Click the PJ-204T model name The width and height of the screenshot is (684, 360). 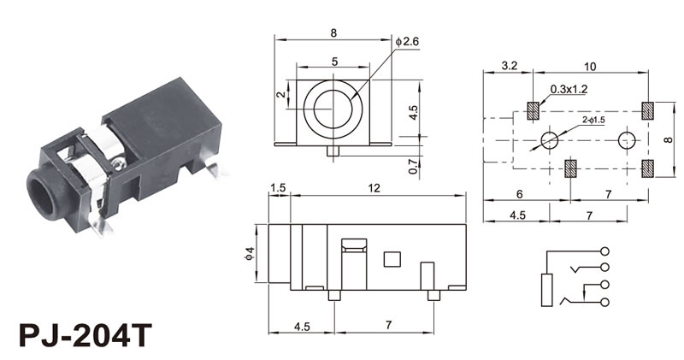85,334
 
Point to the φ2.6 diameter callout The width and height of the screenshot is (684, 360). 407,41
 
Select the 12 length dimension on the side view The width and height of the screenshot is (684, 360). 374,187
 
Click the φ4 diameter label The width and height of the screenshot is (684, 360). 250,253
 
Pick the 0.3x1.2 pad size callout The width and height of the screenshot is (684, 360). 569,89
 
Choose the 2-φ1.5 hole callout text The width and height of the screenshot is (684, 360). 593,120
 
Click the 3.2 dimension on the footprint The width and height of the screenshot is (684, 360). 509,66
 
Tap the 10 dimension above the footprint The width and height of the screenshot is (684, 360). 589,67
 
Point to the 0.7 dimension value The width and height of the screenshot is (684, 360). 413,166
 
